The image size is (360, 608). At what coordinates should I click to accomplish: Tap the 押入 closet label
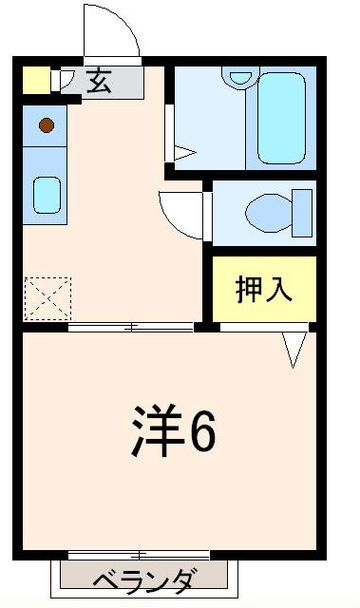tap(264, 289)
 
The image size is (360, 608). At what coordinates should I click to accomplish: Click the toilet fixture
tap(270, 211)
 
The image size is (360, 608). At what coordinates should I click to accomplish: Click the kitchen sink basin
tap(47, 196)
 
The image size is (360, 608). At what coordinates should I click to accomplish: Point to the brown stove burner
tap(47, 123)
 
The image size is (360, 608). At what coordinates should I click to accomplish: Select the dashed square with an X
tap(47, 296)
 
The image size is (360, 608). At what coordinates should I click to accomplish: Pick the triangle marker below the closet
tap(294, 348)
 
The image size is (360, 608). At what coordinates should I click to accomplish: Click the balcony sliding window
tap(139, 555)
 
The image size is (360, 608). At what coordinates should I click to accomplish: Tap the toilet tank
tap(303, 212)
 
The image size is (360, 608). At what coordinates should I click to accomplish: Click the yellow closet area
tap(263, 288)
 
